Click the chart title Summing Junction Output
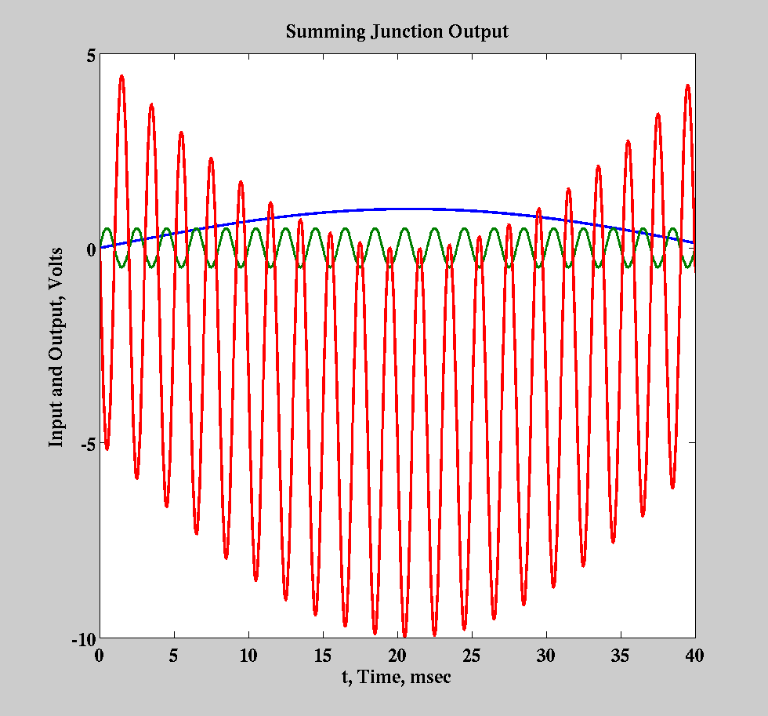tap(397, 32)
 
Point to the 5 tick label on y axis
tap(90, 56)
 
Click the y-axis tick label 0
tap(90, 249)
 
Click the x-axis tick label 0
tap(100, 656)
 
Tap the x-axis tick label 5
tap(174, 656)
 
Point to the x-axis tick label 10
tap(248, 656)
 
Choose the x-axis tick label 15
tap(323, 656)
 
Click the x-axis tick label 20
tap(397, 656)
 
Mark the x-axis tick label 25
tap(472, 656)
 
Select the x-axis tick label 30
tap(546, 656)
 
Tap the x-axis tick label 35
tap(621, 656)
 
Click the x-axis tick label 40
tap(694, 656)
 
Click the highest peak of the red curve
tap(121, 76)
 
